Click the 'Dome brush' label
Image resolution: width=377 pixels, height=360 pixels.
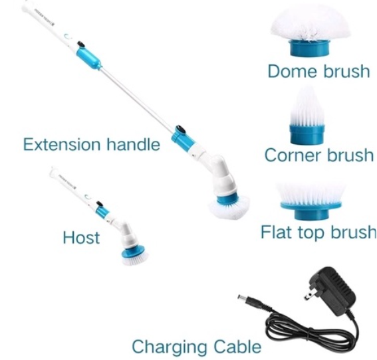318,71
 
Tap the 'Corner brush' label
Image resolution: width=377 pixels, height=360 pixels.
318,155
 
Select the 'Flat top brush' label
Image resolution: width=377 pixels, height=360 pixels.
317,232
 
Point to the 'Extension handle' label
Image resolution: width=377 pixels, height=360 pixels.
91,144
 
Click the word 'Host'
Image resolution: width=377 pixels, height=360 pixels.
81,237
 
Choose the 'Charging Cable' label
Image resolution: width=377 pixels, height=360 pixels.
196,346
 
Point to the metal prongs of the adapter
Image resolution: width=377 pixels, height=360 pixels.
310,293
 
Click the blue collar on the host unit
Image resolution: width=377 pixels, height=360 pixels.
102,211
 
